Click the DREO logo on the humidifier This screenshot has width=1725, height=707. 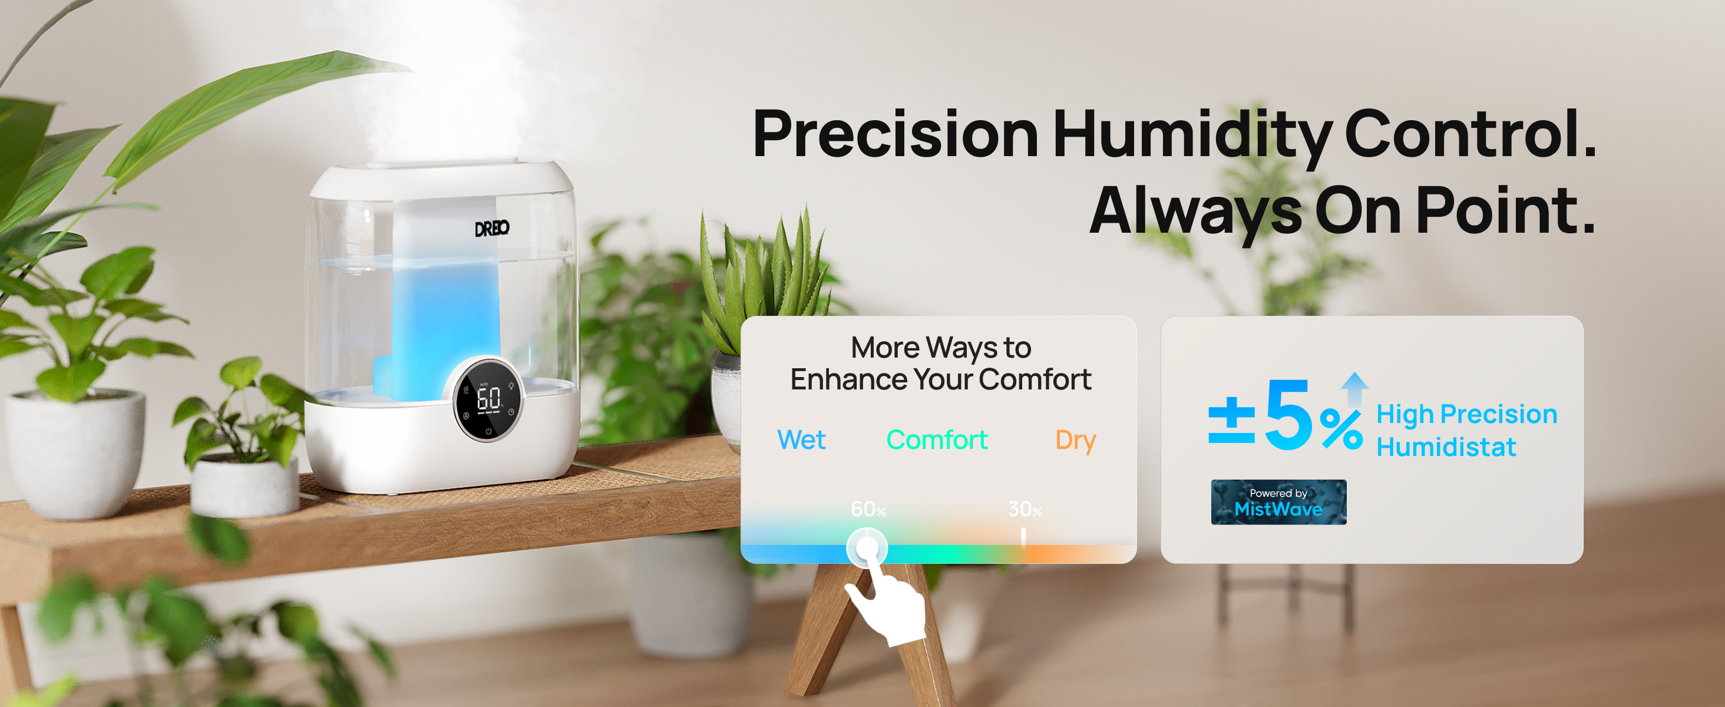coord(492,229)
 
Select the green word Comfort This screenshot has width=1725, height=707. coord(937,440)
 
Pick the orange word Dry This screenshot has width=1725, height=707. coord(1075,441)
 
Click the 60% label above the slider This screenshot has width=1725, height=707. coord(868,510)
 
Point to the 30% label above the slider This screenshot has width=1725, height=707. coord(1025,510)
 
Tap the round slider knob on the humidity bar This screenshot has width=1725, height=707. coord(867,549)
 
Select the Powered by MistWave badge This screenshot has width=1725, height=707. coord(1278,502)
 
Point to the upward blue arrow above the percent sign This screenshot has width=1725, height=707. coord(1354,389)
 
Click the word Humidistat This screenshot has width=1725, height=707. coord(1446,447)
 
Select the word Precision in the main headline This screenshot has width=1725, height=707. coord(895,133)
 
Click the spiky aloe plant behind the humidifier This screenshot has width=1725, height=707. coord(770,281)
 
